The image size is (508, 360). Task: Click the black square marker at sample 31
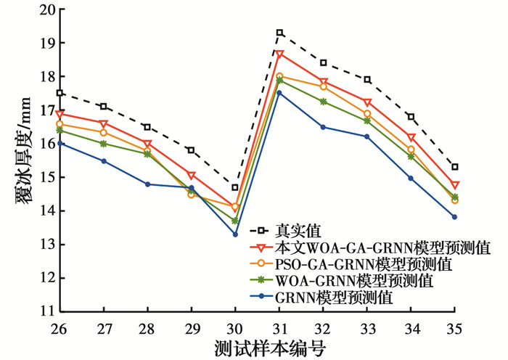coord(279,33)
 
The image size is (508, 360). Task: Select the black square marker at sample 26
coord(60,93)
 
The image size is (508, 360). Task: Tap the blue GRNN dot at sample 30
coord(235,234)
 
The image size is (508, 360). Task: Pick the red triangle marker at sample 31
coord(279,54)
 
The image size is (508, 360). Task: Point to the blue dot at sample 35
coord(454,217)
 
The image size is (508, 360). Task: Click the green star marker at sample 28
coord(147,154)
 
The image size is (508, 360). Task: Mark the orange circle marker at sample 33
coord(367,114)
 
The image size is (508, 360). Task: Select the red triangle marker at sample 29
coord(192,175)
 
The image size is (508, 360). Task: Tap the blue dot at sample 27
coord(104,161)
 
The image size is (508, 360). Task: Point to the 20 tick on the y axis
coord(46,10)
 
